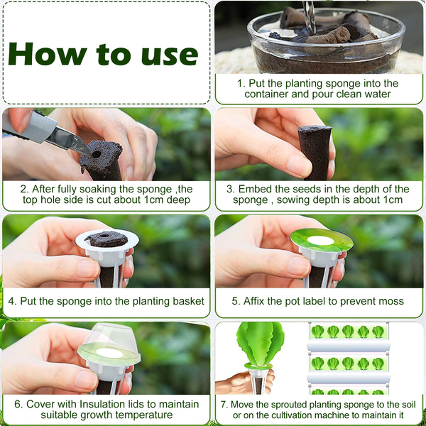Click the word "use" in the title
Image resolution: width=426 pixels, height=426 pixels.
point(170,56)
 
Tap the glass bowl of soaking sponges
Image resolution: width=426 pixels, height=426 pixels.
point(326,40)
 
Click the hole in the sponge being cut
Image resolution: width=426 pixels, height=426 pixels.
point(97,154)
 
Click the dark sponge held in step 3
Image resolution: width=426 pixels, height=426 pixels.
point(316,152)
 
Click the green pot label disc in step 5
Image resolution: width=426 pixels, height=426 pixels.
point(322,240)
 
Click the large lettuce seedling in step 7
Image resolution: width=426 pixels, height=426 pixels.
point(259,343)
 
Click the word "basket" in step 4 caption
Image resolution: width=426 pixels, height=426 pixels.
point(189,301)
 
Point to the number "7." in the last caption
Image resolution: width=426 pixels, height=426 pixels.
point(224,404)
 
